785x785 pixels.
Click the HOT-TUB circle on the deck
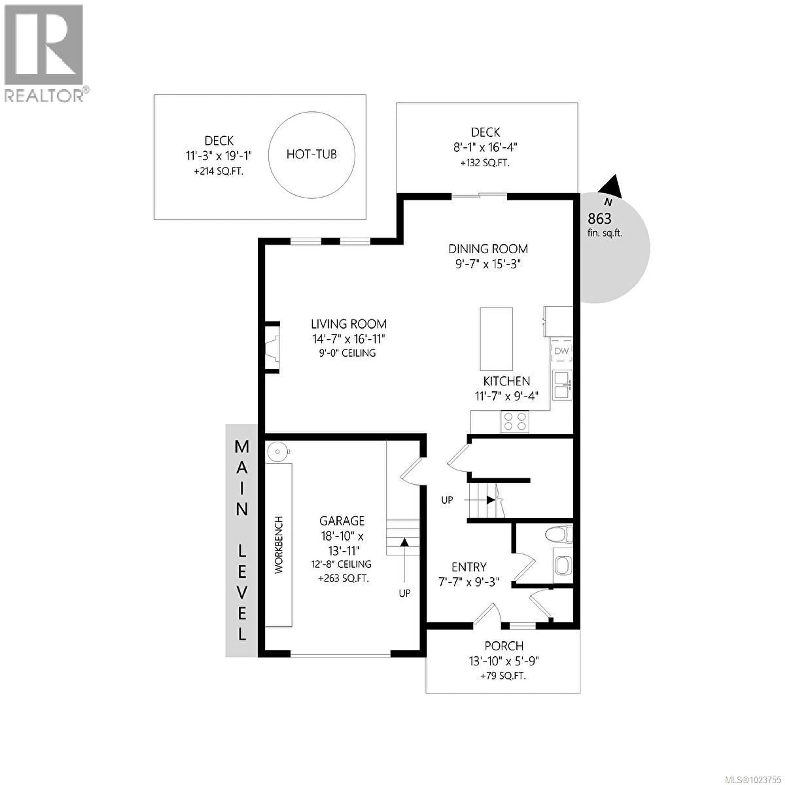(312, 155)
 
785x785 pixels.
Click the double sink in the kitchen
(562, 385)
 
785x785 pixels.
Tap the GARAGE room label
(342, 521)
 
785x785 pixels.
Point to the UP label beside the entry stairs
(447, 500)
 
